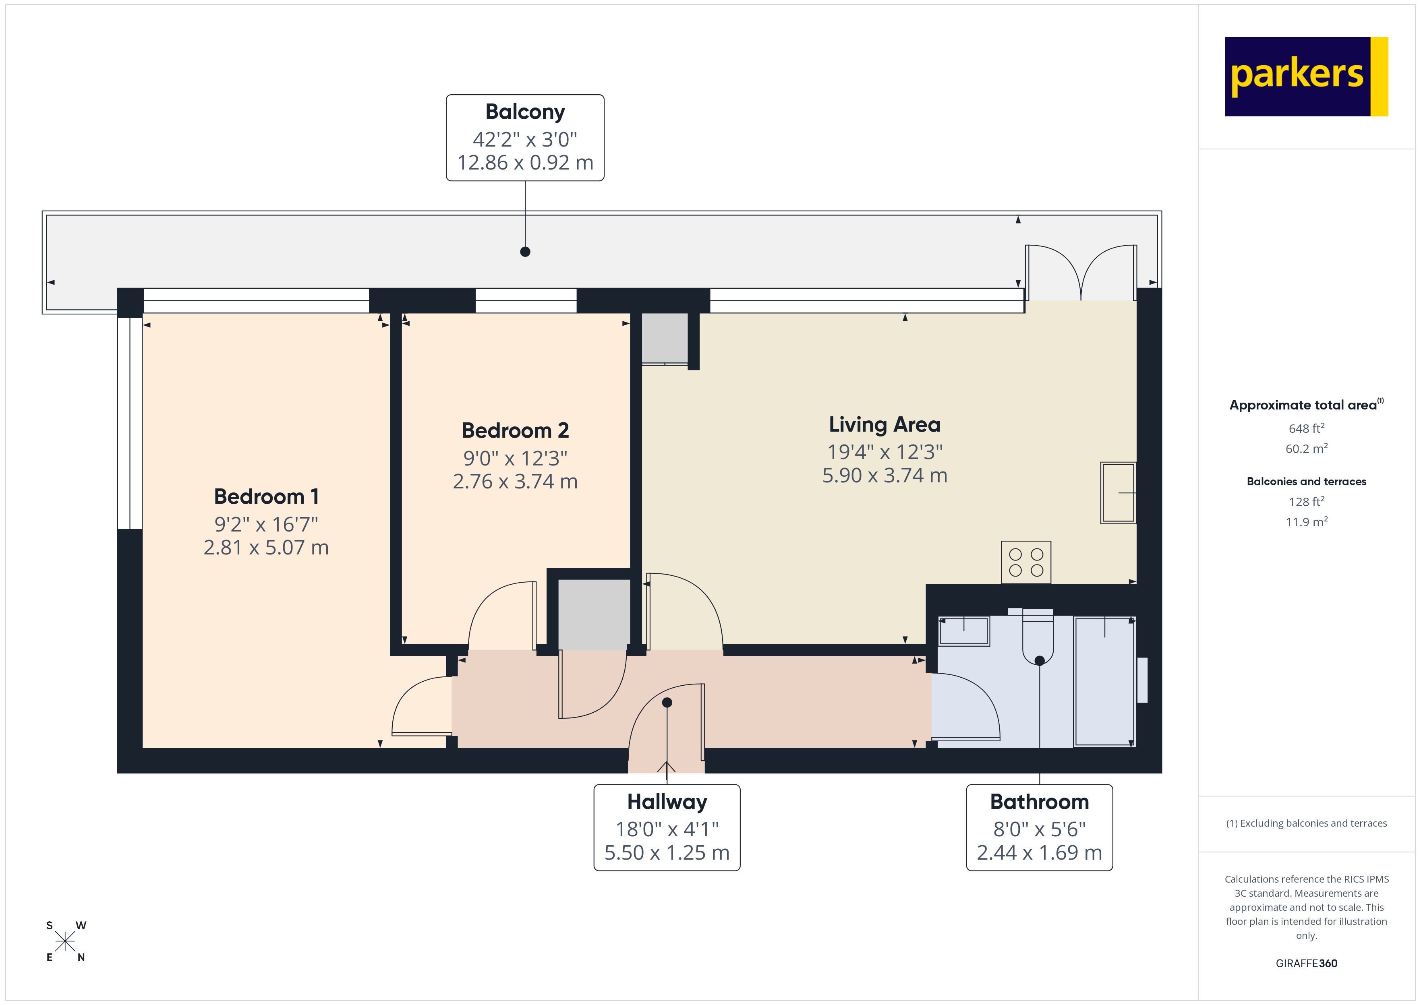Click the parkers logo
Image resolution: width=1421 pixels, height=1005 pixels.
click(x=1305, y=76)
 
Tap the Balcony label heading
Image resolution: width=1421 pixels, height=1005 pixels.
click(x=525, y=112)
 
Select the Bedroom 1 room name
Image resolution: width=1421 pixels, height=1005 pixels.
click(x=266, y=496)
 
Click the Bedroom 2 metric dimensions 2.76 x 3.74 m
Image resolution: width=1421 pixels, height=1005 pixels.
click(x=515, y=482)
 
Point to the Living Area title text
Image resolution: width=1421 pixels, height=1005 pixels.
click(x=884, y=424)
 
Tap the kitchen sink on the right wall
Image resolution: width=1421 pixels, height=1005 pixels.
click(x=1117, y=492)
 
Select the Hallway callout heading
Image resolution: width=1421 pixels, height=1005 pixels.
click(x=667, y=802)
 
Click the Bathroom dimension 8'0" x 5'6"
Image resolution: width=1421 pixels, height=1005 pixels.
click(x=1039, y=829)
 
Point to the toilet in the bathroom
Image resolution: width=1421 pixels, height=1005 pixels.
click(x=1038, y=637)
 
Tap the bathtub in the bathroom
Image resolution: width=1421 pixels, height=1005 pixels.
click(x=1104, y=681)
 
